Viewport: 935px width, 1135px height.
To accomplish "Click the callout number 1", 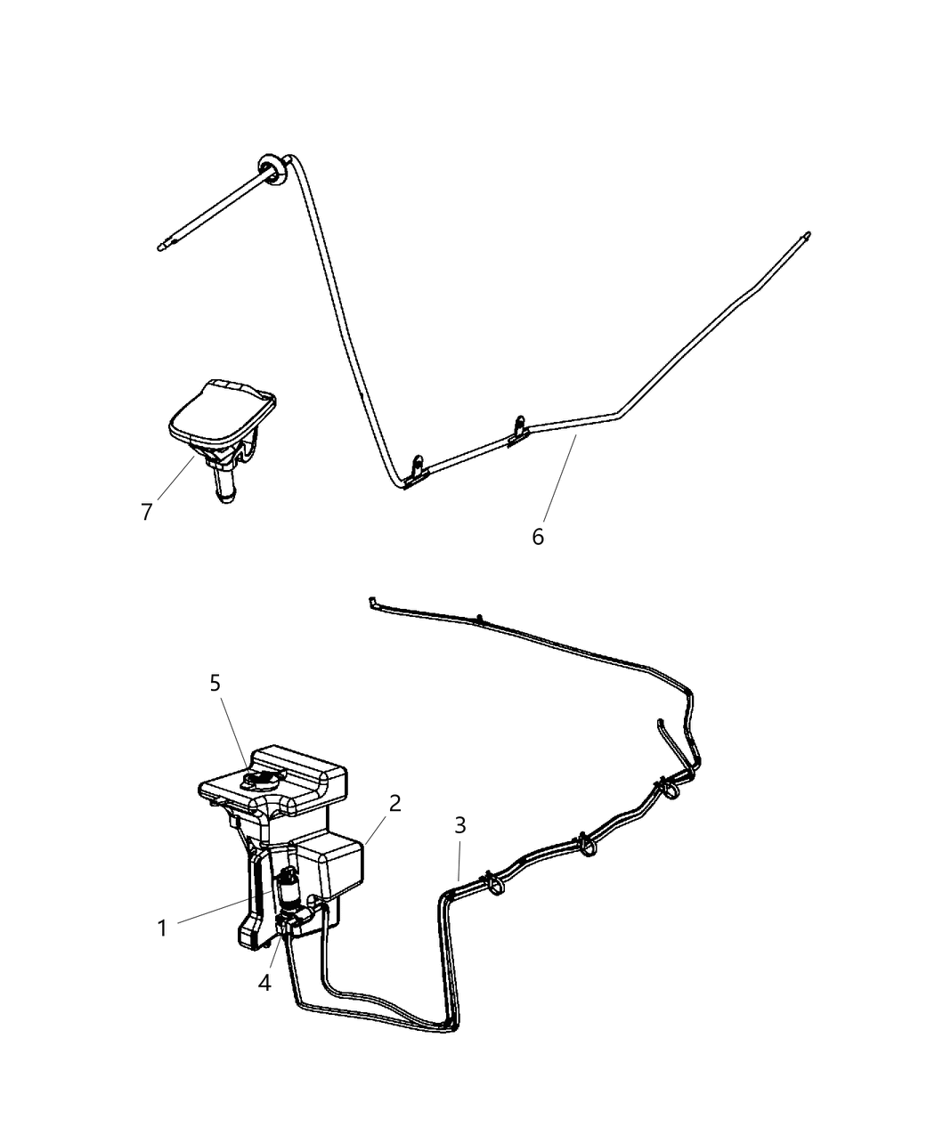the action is (162, 928).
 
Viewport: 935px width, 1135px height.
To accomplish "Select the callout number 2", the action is (394, 804).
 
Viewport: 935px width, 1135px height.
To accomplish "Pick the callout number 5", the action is (215, 684).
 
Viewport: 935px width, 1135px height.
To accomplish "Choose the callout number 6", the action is (537, 537).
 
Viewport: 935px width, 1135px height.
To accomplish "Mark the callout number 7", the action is (146, 512).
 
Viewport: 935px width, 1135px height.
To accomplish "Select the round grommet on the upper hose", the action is (272, 170).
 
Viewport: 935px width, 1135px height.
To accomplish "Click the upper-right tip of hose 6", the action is (807, 235).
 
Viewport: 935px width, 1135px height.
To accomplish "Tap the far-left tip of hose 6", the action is (161, 247).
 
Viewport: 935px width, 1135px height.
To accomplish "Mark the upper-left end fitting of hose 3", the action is (373, 602).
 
